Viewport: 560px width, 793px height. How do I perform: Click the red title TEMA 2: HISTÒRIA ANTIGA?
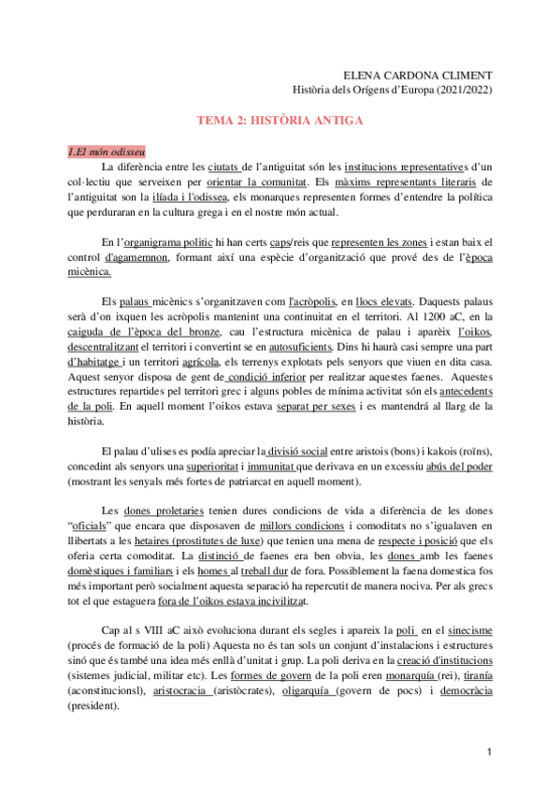pyautogui.click(x=279, y=121)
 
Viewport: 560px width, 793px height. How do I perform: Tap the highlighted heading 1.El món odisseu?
pyautogui.click(x=105, y=151)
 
